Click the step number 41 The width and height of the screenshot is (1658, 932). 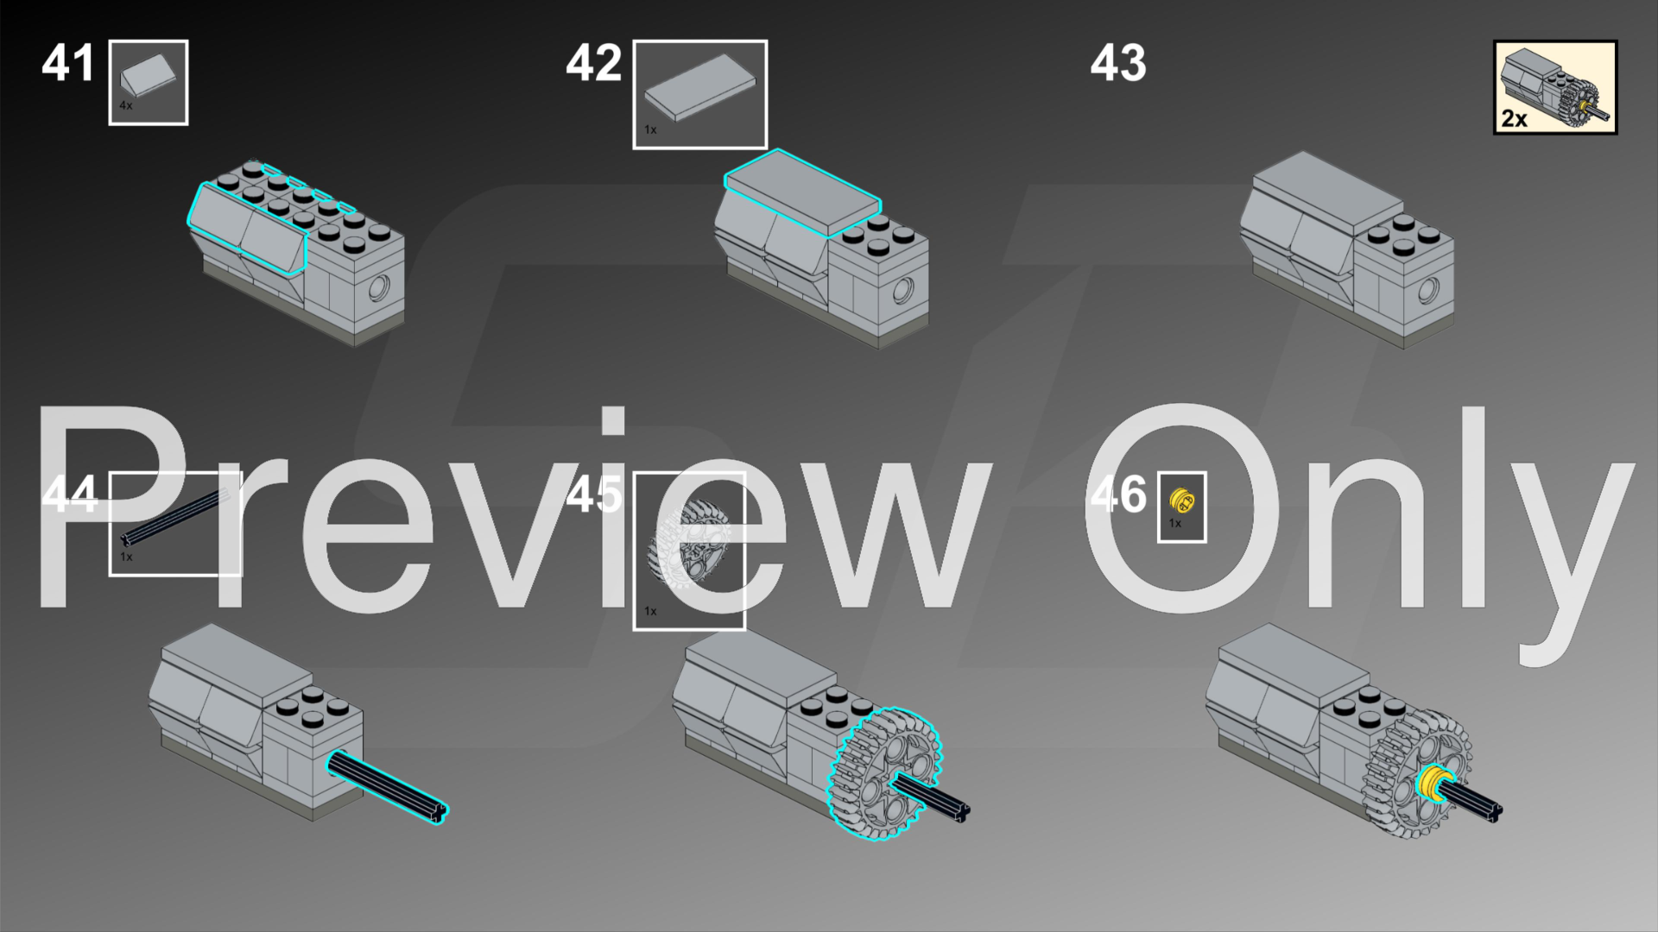point(68,63)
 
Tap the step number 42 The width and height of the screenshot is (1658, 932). point(593,63)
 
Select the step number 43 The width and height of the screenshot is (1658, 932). point(1118,63)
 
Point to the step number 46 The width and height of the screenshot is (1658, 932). point(1118,494)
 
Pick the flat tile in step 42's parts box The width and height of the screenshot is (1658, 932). point(699,85)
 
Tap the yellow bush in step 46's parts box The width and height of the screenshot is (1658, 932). point(1180,500)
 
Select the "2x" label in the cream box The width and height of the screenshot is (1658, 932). point(1514,119)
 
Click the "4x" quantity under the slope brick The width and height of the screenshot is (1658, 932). point(126,105)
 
